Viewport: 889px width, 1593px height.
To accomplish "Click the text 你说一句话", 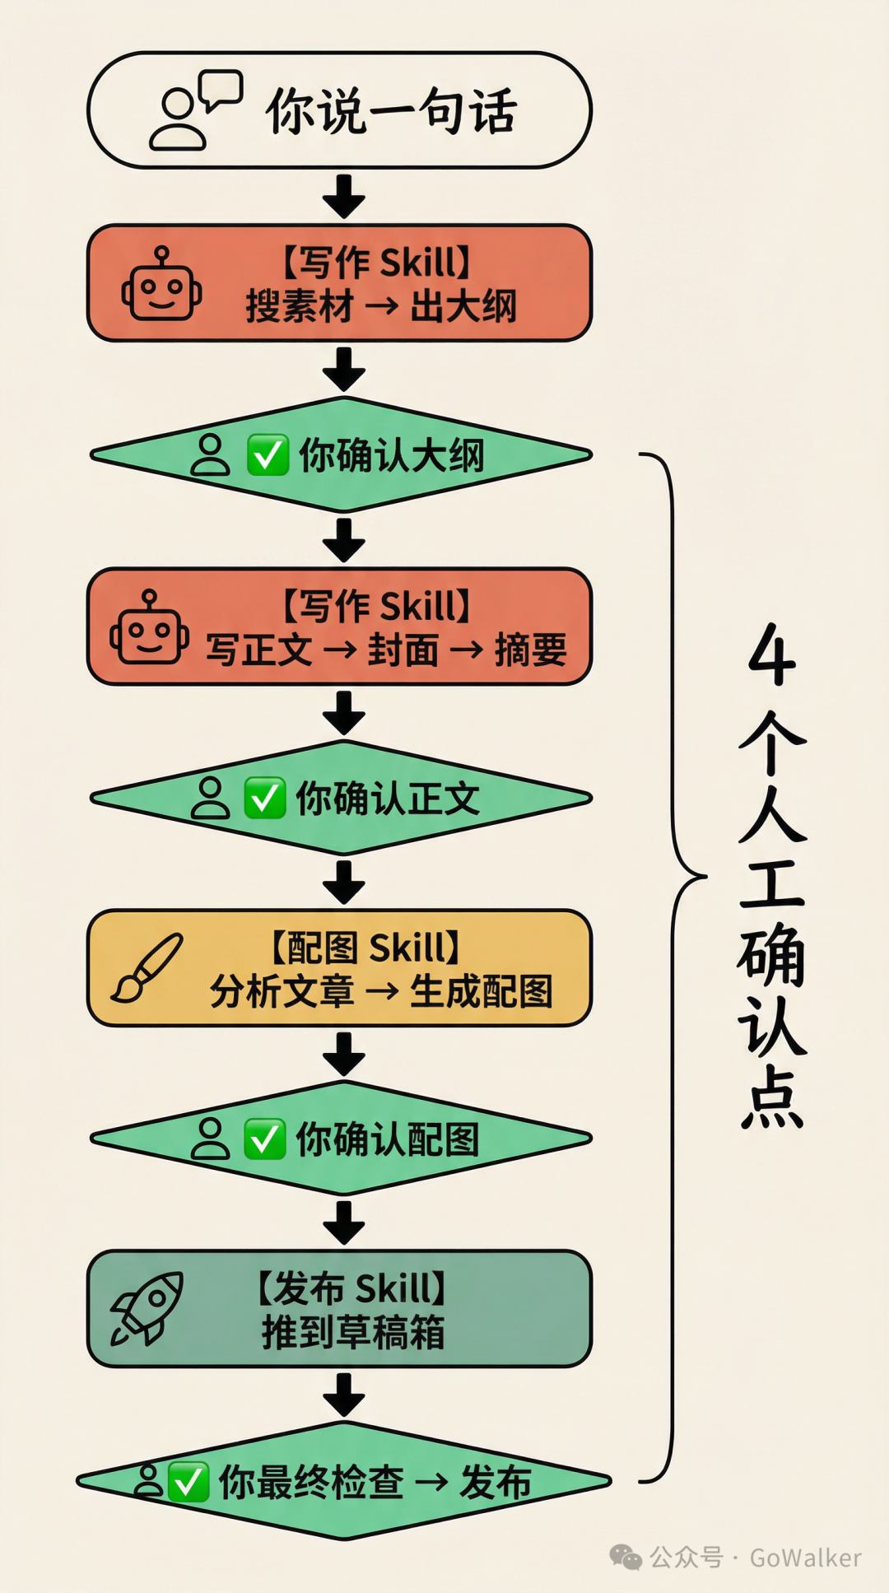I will click(x=391, y=111).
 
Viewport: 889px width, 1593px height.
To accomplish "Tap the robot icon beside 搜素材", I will click(x=161, y=285).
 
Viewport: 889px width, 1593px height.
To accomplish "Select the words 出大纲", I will click(x=463, y=307).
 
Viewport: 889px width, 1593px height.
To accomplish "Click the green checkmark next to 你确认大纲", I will click(x=268, y=455).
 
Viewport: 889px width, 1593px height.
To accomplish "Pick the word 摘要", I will click(x=531, y=650).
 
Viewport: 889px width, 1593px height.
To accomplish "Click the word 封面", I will click(x=403, y=650).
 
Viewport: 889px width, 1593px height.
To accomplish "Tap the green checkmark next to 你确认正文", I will click(x=264, y=799).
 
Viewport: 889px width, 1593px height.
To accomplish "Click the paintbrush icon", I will click(x=147, y=967).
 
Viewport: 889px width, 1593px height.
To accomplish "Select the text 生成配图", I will click(x=482, y=991).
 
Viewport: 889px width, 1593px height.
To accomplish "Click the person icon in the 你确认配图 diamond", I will click(x=210, y=1139).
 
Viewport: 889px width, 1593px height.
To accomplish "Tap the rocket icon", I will click(x=147, y=1308).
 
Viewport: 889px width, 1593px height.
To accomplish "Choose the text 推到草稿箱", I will click(x=353, y=1332).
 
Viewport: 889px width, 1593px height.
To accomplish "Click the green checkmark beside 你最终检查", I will click(x=189, y=1483).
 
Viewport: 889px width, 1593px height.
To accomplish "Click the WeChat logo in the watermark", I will click(x=626, y=1557).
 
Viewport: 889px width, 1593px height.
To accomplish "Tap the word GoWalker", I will click(x=805, y=1558).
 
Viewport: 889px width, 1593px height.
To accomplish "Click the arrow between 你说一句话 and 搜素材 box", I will click(x=344, y=196).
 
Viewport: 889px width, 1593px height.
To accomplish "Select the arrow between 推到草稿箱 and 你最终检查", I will click(x=344, y=1395).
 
